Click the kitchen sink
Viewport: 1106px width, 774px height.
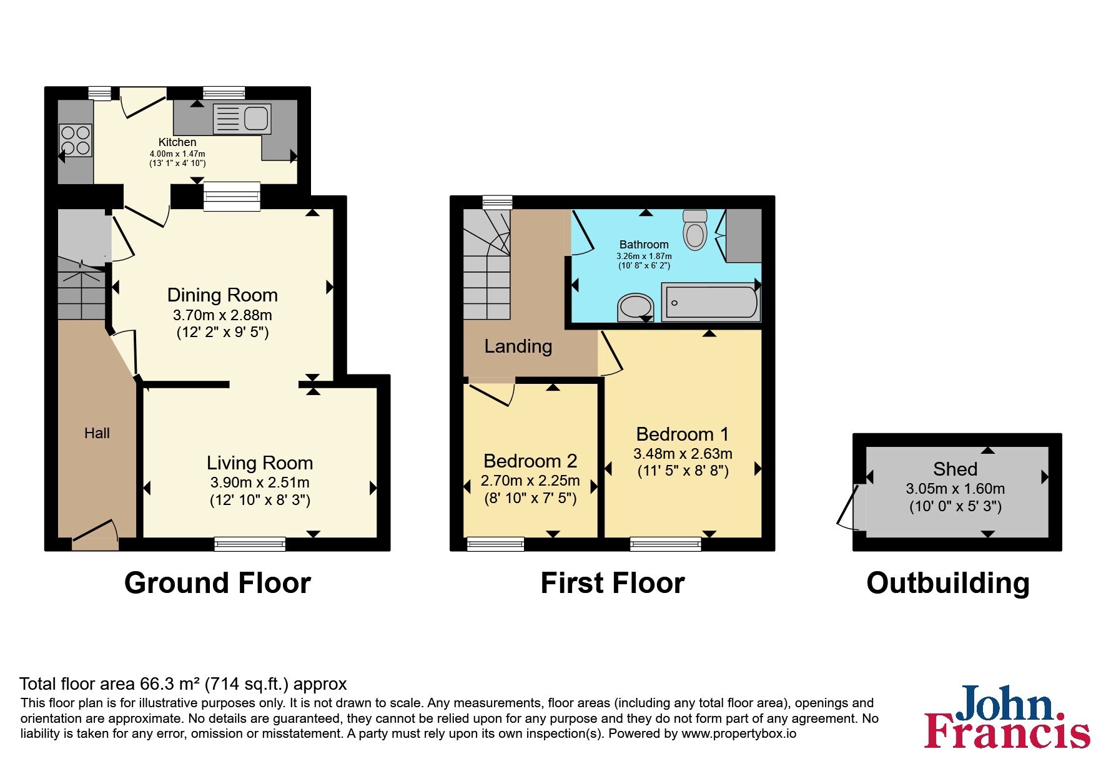[242, 119]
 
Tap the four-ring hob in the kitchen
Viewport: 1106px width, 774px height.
[75, 140]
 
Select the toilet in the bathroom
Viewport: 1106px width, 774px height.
[694, 230]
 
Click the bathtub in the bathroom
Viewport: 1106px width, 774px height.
[711, 303]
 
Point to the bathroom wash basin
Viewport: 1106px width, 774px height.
[635, 308]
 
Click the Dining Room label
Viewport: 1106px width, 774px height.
[222, 295]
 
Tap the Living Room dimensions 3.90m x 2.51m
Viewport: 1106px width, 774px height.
[260, 483]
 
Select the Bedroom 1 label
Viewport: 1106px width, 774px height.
[683, 434]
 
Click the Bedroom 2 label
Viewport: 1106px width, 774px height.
[530, 461]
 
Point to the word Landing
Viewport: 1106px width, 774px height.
[518, 346]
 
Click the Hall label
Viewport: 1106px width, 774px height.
[97, 433]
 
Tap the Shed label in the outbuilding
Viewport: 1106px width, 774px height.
[955, 469]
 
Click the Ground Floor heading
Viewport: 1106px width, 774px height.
[217, 583]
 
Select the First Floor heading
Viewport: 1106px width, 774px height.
[612, 583]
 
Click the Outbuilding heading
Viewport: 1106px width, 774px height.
[948, 583]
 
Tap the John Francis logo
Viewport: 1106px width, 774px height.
[1007, 717]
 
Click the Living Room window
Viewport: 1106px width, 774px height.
[250, 544]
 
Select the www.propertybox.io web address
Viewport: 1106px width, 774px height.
[739, 734]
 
